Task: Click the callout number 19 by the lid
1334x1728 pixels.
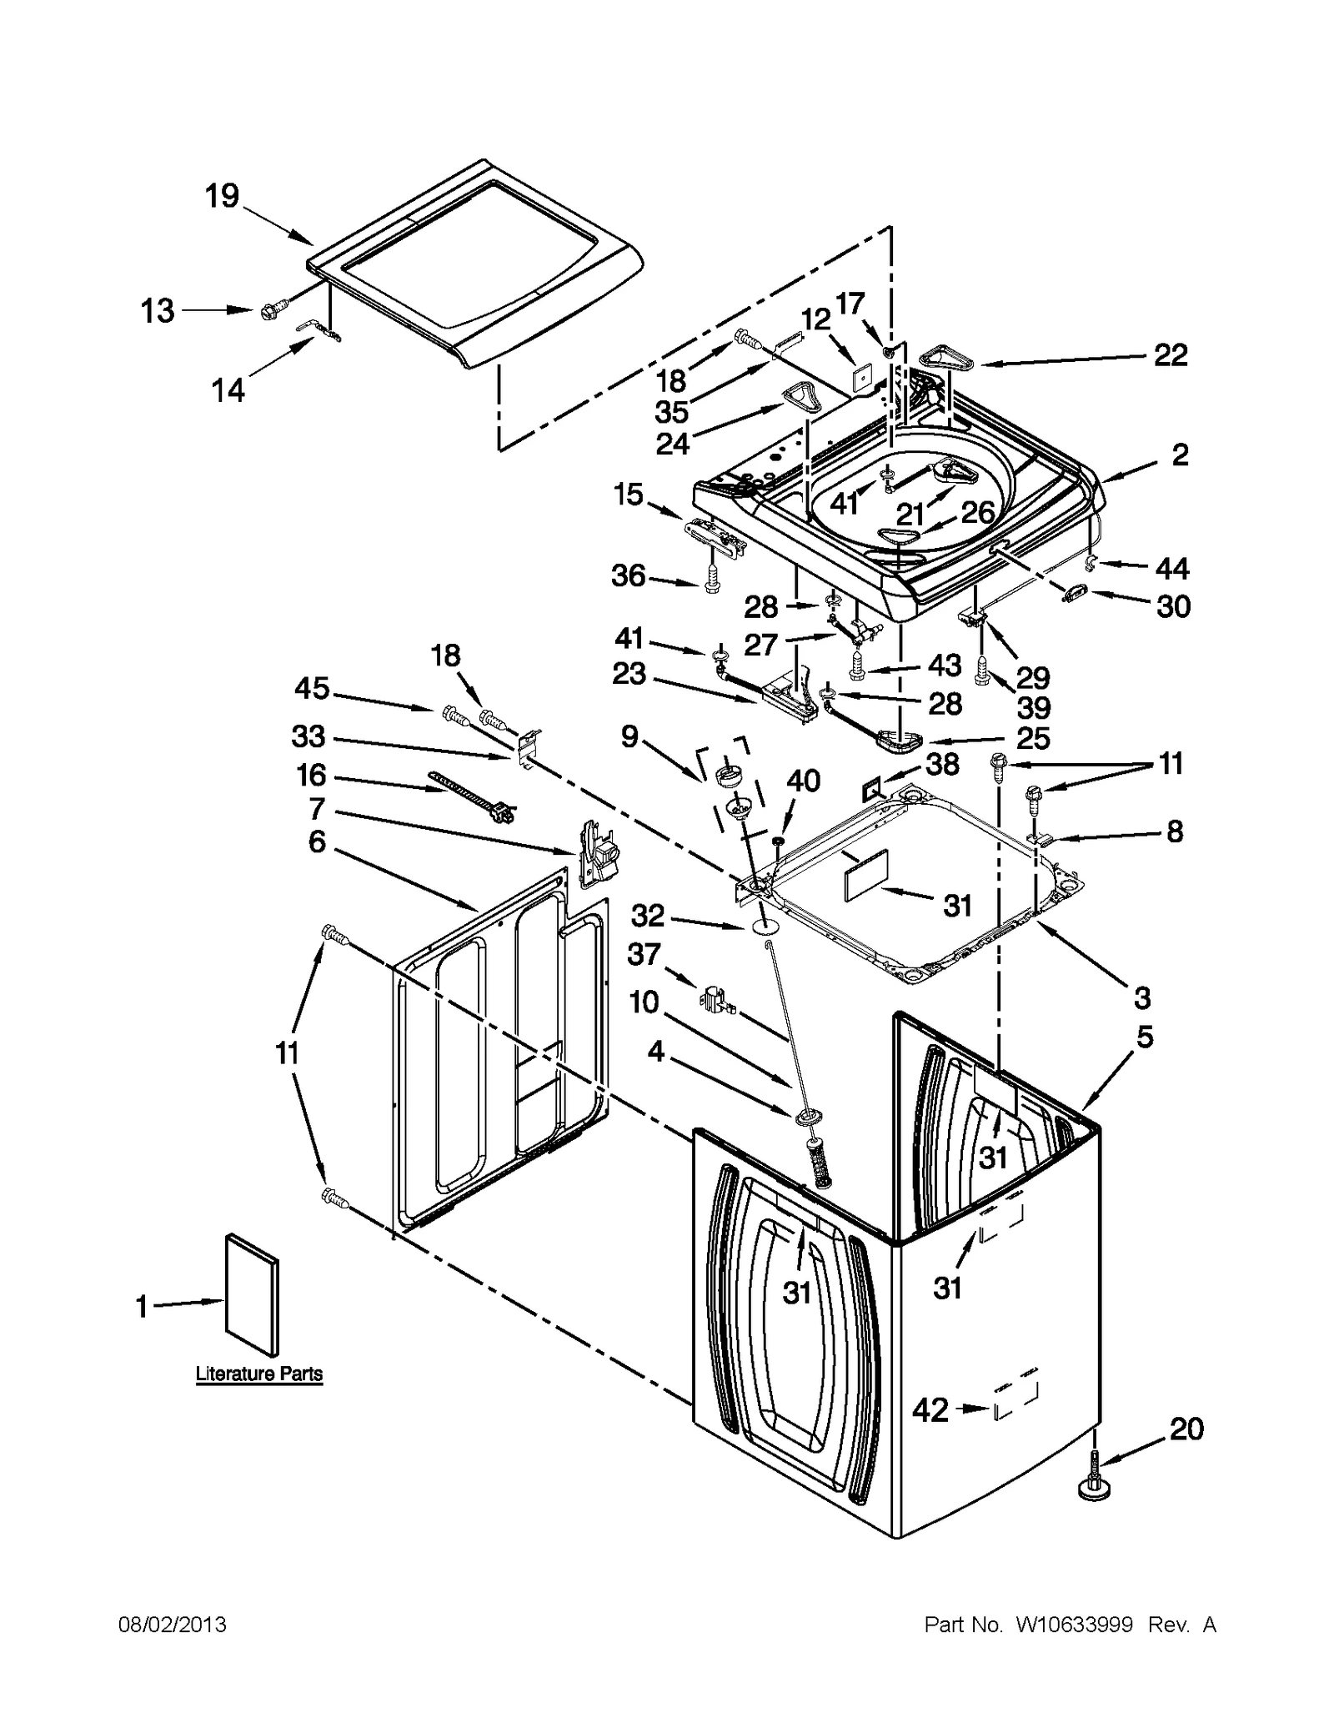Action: coord(222,197)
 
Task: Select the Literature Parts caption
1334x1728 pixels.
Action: coord(258,1374)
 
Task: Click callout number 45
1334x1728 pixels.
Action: coord(312,689)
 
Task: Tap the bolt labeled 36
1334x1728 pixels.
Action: coord(711,579)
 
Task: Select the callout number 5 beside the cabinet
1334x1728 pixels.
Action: coord(1145,1037)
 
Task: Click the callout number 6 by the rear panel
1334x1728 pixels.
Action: coord(317,842)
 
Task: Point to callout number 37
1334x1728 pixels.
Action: coord(644,954)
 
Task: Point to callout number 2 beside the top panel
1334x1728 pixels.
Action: coord(1179,455)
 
